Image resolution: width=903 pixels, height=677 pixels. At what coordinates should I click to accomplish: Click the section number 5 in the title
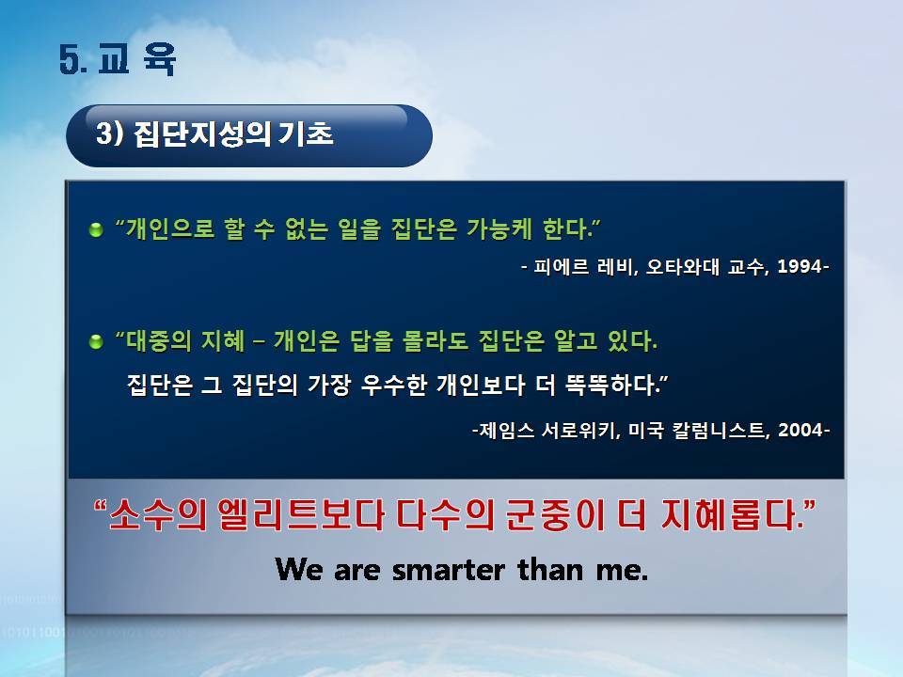pyautogui.click(x=71, y=59)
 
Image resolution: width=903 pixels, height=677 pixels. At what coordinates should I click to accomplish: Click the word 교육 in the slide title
pyautogui.click(x=136, y=59)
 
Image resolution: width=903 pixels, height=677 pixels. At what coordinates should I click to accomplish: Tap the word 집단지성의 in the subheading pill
pyautogui.click(x=202, y=134)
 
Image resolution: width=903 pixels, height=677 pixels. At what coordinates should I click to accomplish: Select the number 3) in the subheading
pyautogui.click(x=109, y=134)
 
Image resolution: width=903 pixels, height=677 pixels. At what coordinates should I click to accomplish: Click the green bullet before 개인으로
pyautogui.click(x=96, y=229)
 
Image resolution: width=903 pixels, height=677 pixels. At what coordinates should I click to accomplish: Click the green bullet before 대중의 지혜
pyautogui.click(x=96, y=342)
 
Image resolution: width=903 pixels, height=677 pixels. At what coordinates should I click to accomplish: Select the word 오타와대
pyautogui.click(x=683, y=266)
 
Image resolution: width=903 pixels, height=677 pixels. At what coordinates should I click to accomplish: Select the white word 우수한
pyautogui.click(x=393, y=385)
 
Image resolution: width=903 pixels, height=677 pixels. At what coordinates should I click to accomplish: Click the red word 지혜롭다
pyautogui.click(x=732, y=514)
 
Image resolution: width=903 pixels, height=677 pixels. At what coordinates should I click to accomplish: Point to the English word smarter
pyautogui.click(x=448, y=570)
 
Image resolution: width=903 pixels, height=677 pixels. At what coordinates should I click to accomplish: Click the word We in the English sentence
pyautogui.click(x=298, y=569)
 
